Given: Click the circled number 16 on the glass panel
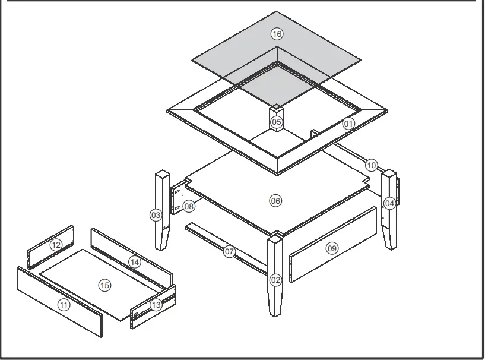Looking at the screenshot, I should click(x=277, y=34).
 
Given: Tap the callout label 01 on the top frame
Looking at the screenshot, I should click(x=348, y=124).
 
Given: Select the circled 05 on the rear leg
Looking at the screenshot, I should click(x=277, y=122).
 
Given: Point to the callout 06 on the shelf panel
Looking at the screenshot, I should click(x=275, y=201).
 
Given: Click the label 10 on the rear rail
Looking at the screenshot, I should click(x=372, y=165).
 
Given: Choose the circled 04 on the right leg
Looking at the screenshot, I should click(x=389, y=203).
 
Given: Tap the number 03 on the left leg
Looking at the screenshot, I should click(x=156, y=215).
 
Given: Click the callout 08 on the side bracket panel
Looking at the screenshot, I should click(x=189, y=206).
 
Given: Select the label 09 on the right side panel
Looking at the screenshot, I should click(x=332, y=248).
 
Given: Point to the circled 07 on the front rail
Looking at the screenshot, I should click(x=230, y=252).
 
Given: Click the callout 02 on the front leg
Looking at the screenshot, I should click(x=275, y=279).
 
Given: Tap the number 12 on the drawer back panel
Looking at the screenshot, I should click(x=56, y=245).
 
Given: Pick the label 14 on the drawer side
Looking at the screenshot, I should click(x=134, y=262).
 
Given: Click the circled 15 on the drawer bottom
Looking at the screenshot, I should click(x=104, y=286).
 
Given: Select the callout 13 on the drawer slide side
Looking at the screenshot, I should click(x=156, y=305).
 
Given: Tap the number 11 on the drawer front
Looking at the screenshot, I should click(x=64, y=305).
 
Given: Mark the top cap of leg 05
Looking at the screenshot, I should click(x=277, y=109).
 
